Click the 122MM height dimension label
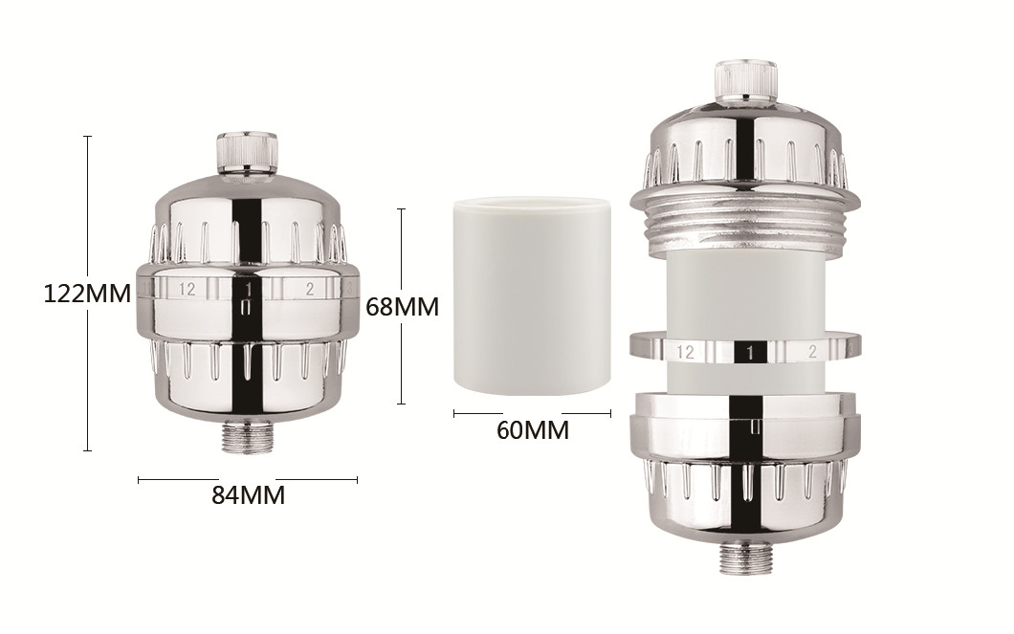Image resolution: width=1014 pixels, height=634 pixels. pos(87,294)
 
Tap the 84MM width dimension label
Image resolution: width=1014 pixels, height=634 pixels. pos(249,495)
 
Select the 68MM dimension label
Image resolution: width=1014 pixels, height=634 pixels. pos(402,306)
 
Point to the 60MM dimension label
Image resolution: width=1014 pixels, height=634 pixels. pos(533,429)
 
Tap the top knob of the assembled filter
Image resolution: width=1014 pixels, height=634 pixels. pos(247,153)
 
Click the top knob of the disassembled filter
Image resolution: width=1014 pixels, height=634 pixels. pos(744,80)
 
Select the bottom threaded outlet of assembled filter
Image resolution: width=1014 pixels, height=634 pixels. pos(247,438)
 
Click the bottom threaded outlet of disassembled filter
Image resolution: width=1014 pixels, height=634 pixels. pos(745,557)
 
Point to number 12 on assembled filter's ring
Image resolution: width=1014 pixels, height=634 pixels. pos(187,289)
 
